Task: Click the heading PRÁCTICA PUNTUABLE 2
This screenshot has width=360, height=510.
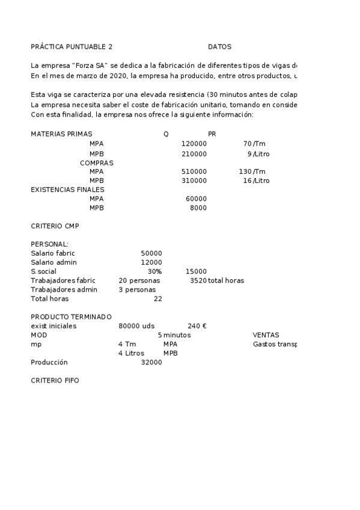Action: coord(72,47)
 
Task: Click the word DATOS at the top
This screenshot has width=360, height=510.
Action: coord(219,47)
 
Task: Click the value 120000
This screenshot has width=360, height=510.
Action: coord(194,144)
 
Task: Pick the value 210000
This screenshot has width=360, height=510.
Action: coord(194,154)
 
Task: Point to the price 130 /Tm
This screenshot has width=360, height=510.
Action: coord(252,171)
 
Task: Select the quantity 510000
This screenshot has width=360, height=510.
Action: coord(194,171)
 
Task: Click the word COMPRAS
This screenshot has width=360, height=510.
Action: coord(96,163)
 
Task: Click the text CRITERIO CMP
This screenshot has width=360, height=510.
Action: coord(55,226)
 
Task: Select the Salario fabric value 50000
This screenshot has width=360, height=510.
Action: coord(151,254)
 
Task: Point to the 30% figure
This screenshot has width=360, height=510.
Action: coord(154,272)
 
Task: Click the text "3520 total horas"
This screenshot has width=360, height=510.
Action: coord(216,281)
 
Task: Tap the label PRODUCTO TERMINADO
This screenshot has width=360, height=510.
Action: coord(71,317)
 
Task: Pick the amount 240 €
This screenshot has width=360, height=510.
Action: coord(197,326)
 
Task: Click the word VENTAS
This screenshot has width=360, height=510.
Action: coord(266,335)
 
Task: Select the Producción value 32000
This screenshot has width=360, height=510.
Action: coord(151,363)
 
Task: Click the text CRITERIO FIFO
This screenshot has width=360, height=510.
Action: coord(55,381)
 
